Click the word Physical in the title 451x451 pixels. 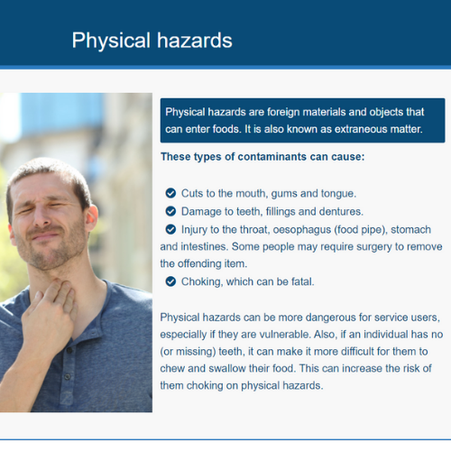tap(111, 41)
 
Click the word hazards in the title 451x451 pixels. tap(195, 41)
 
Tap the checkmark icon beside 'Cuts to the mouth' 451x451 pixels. tap(170, 193)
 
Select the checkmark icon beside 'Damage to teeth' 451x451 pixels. tap(170, 211)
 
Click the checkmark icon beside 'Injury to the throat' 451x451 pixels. tap(170, 229)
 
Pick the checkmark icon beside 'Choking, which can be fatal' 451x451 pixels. tap(170, 281)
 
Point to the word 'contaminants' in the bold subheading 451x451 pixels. tap(272, 157)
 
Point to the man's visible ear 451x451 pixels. tap(91, 218)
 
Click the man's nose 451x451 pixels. tap(42, 216)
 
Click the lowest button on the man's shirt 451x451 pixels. tap(68, 376)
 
